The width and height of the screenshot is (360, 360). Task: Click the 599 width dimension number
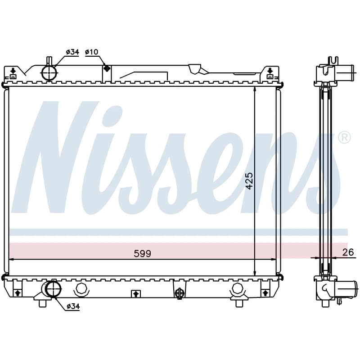(x=142, y=254)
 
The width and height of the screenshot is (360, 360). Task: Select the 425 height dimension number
(x=249, y=181)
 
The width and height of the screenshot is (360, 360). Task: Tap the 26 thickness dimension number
(x=348, y=252)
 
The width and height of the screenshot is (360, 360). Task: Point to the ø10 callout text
(x=91, y=52)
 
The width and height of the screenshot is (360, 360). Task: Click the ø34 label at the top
(x=72, y=52)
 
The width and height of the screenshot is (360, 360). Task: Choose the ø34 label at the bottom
(x=73, y=306)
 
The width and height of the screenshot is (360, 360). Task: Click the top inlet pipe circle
(x=49, y=73)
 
